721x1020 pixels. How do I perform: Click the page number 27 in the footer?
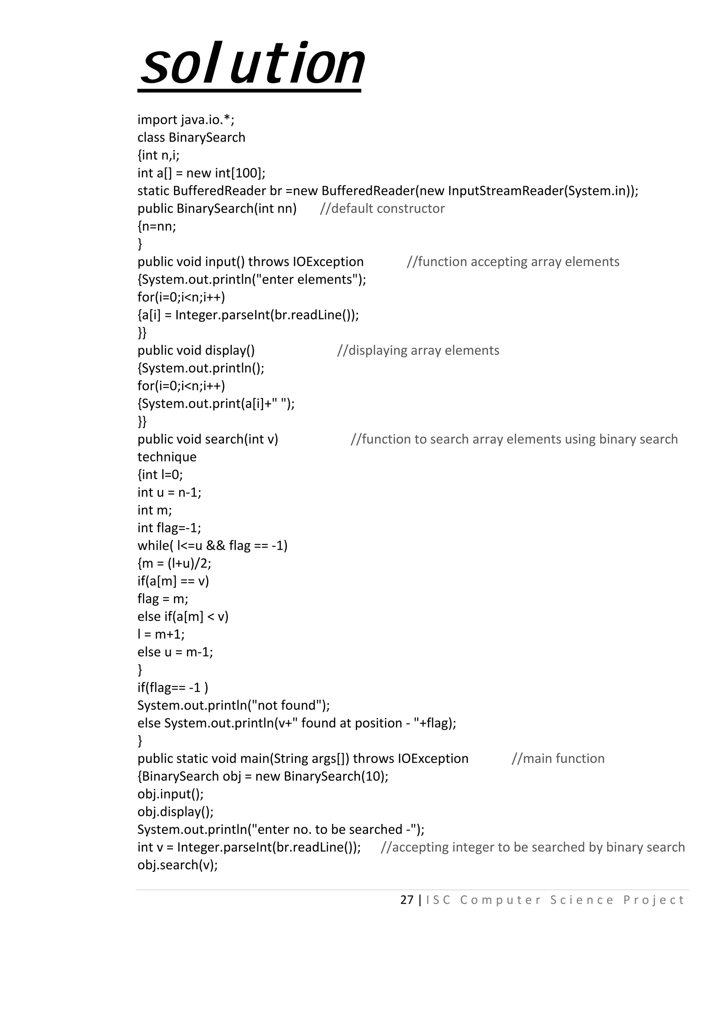[x=407, y=900]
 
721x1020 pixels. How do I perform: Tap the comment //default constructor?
[x=382, y=208]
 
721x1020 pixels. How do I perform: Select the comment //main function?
[x=558, y=758]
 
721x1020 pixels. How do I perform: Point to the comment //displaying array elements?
[x=418, y=350]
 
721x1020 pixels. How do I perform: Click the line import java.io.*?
[x=186, y=120]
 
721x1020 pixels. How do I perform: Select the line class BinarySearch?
[x=191, y=137]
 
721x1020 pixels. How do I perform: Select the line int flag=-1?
[x=169, y=528]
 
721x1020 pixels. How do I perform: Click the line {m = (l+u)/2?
[x=174, y=563]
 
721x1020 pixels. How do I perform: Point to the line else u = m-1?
[x=175, y=652]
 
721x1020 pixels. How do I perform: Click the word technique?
[x=167, y=457]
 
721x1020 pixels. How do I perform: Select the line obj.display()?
[x=175, y=812]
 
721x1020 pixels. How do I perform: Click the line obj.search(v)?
[x=177, y=865]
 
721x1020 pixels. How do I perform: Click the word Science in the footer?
[x=582, y=900]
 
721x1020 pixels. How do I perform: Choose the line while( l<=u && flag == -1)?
[x=212, y=546]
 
